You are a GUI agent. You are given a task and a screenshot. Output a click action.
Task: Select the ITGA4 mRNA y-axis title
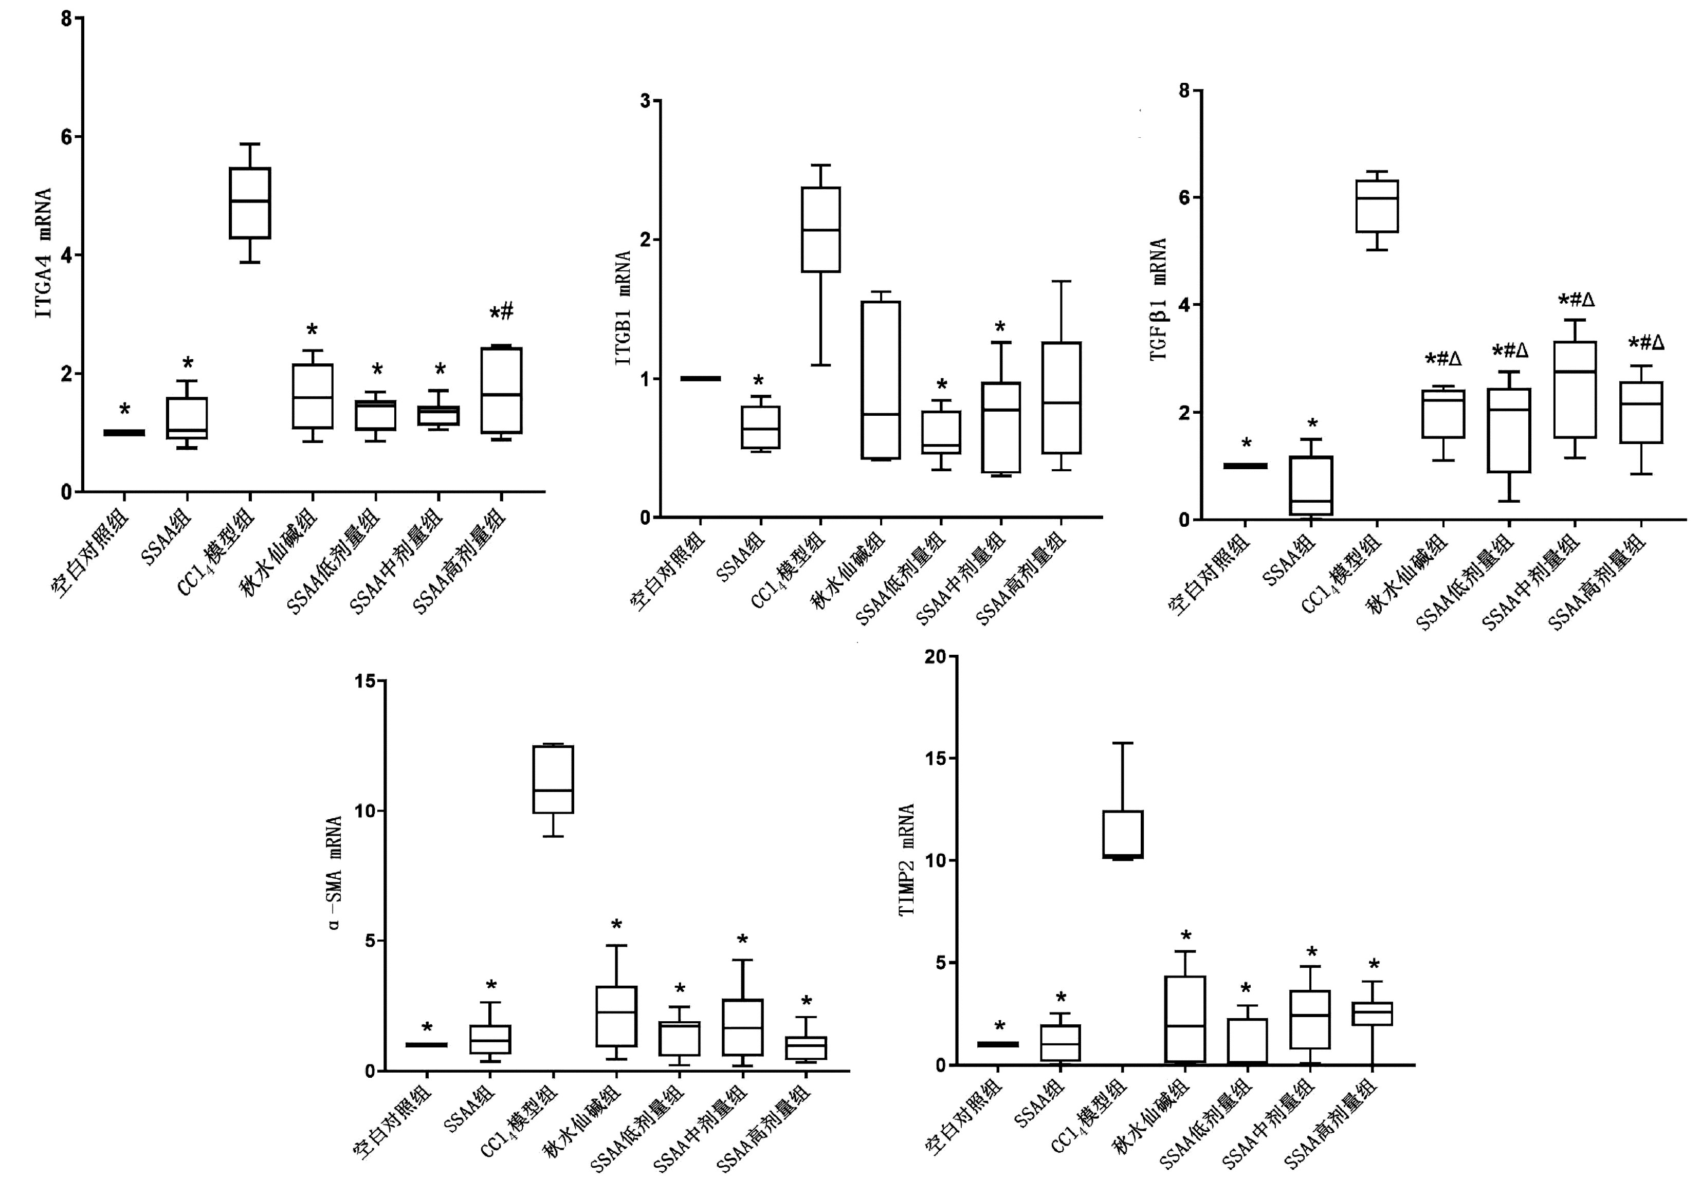click(44, 253)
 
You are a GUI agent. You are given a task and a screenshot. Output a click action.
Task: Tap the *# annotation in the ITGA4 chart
click(502, 312)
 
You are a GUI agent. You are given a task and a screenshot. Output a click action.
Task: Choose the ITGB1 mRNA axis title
click(624, 308)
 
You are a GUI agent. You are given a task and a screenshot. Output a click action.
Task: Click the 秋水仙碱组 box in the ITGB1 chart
click(881, 380)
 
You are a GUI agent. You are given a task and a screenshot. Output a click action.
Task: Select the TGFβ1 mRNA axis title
click(1158, 299)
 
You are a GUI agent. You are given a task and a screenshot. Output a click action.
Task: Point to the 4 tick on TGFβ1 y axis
click(1184, 305)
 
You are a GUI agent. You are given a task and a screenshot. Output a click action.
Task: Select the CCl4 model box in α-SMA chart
click(553, 779)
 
